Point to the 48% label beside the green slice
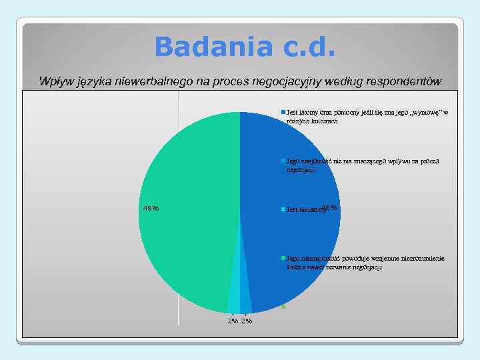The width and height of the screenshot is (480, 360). (151, 208)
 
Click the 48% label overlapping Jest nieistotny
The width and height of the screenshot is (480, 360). (329, 208)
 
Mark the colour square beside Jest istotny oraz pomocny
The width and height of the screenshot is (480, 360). (283, 112)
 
